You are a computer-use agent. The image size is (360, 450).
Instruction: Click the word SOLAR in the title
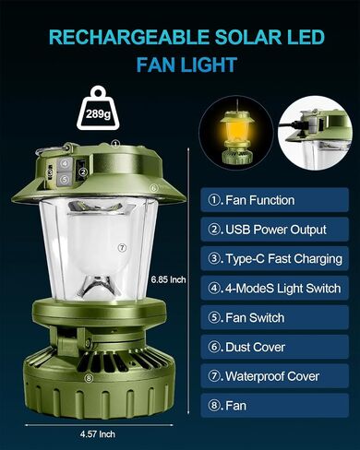(x=247, y=38)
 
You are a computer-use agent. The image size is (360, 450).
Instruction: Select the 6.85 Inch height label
(x=168, y=279)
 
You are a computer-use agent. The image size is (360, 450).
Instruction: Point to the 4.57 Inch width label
(x=98, y=434)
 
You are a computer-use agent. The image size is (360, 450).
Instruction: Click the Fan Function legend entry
(x=274, y=200)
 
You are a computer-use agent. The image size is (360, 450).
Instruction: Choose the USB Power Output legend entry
(x=274, y=230)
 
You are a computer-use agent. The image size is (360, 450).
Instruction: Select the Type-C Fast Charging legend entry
(x=274, y=258)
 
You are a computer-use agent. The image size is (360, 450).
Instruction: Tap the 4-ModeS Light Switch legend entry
(x=274, y=288)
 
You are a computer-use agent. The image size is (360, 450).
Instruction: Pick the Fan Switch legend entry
(x=274, y=317)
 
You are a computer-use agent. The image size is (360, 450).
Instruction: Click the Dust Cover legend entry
(x=274, y=347)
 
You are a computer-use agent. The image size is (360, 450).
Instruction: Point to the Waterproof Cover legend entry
(x=274, y=376)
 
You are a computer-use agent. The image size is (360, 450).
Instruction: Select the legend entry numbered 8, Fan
(x=274, y=406)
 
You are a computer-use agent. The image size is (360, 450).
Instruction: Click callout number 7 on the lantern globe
(x=122, y=248)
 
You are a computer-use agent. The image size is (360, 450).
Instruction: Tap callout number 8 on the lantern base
(x=89, y=378)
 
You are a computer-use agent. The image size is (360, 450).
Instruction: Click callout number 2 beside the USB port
(x=83, y=172)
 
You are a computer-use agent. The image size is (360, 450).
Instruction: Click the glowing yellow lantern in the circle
(x=236, y=136)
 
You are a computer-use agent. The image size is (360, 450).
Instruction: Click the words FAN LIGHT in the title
(x=186, y=65)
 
